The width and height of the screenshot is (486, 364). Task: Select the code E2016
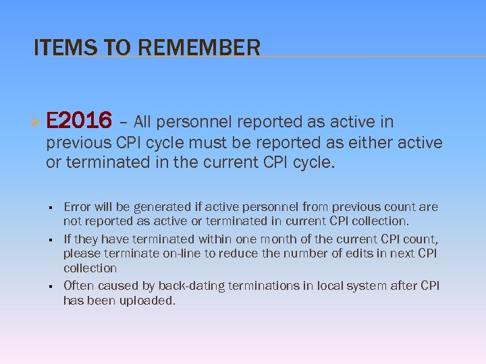pyautogui.click(x=79, y=121)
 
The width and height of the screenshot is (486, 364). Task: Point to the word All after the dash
pyautogui.click(x=147, y=122)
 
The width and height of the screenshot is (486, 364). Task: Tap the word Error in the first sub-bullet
pyautogui.click(x=78, y=207)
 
